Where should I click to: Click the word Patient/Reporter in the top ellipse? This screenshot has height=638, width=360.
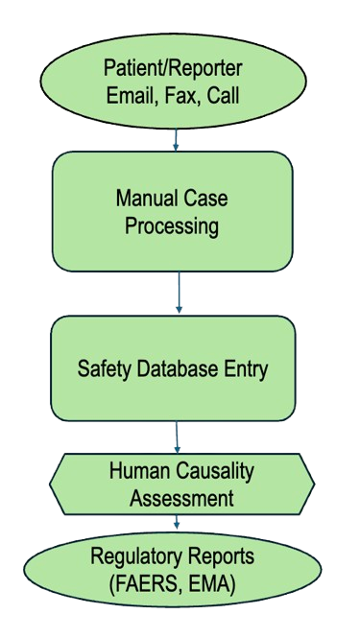click(173, 68)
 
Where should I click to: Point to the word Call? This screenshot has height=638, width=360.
click(223, 95)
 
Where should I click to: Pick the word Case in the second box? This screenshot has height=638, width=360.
click(206, 199)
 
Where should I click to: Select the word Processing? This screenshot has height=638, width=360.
click(172, 226)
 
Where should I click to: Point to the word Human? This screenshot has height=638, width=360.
click(139, 471)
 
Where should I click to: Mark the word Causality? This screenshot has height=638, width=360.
click(215, 472)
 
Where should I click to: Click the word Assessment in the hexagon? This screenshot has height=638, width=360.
click(181, 498)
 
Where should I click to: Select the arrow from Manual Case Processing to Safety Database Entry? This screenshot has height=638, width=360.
click(179, 293)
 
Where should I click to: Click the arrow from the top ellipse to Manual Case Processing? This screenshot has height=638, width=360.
click(176, 140)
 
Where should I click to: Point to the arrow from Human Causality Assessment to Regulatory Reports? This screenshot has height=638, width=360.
click(177, 522)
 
